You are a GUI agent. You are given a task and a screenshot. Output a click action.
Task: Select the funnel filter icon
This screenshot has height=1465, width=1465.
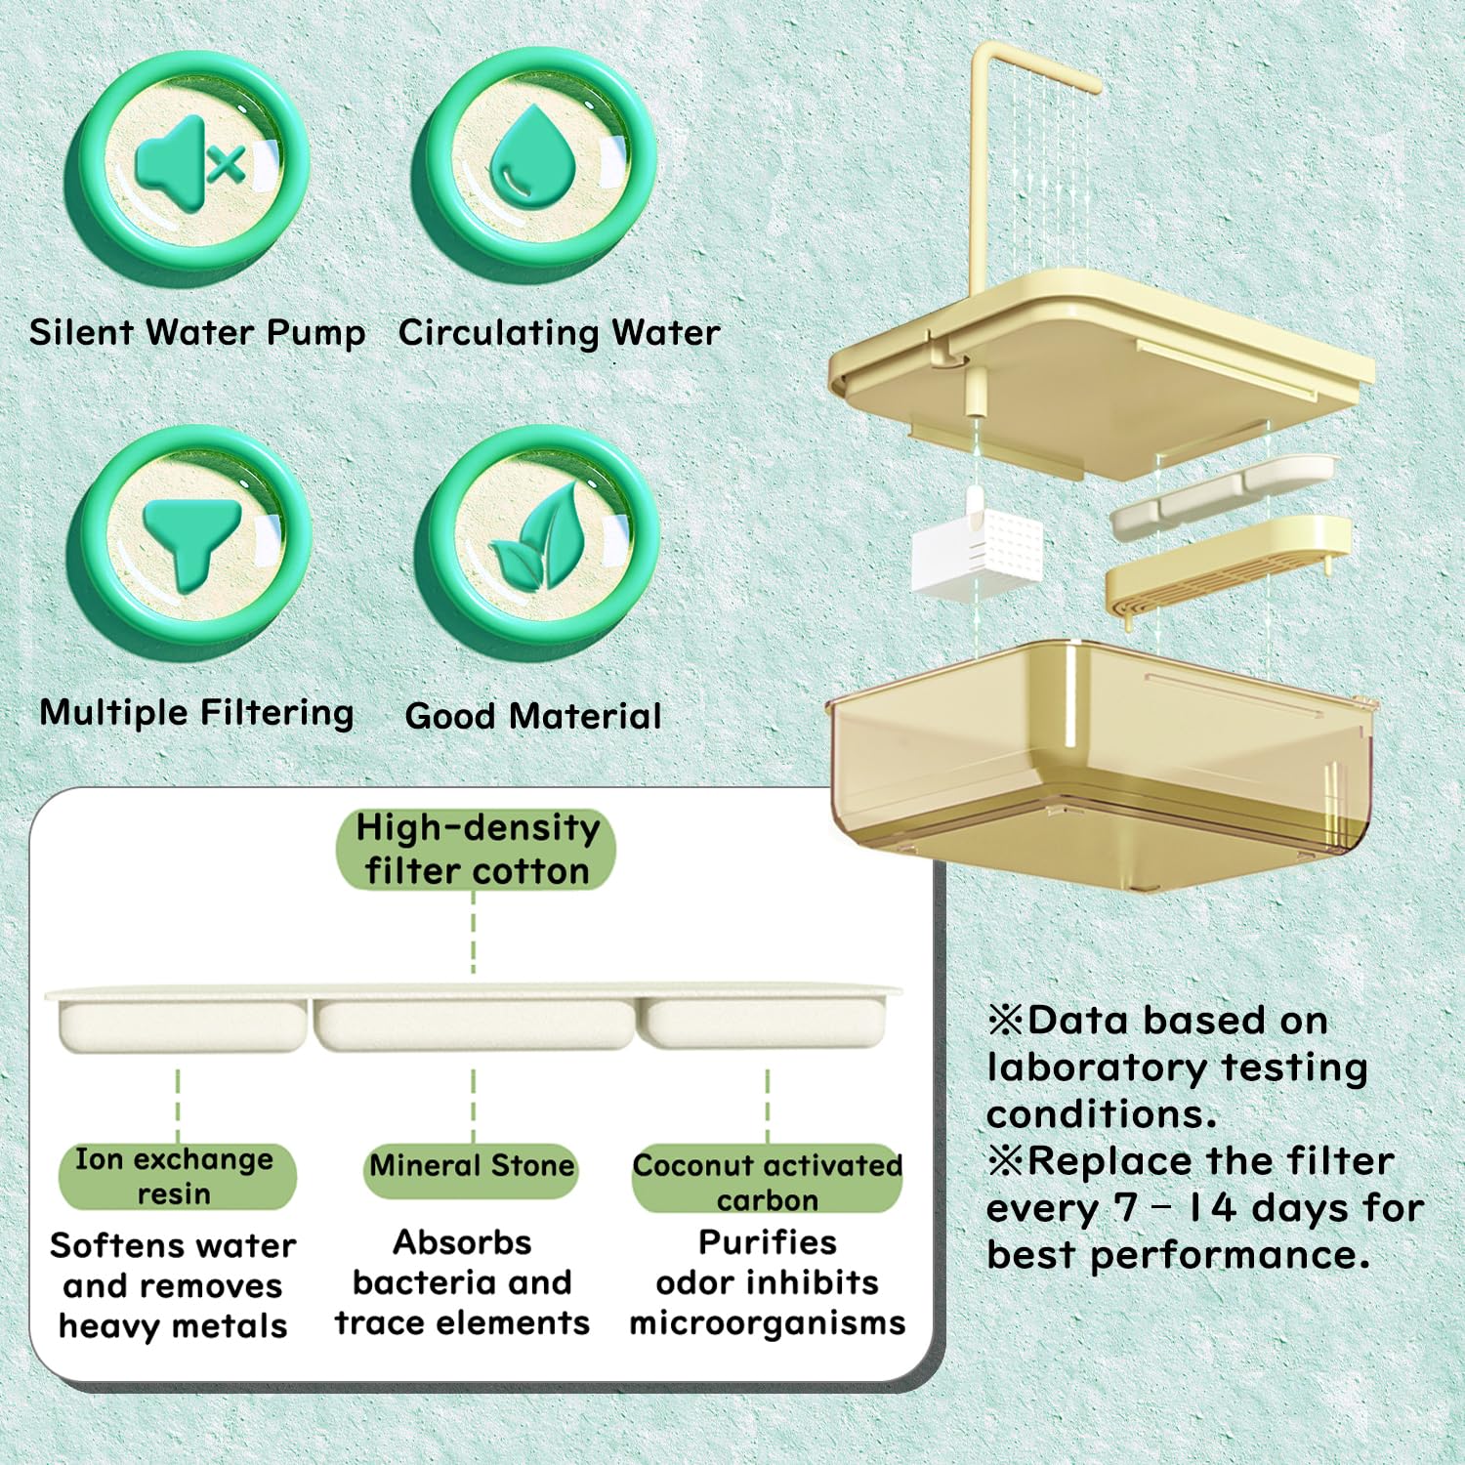[x=191, y=543]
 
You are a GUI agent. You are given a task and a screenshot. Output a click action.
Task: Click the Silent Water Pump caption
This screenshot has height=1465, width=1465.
[x=197, y=333]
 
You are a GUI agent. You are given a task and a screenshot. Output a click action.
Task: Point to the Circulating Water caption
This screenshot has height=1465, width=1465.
[x=559, y=333]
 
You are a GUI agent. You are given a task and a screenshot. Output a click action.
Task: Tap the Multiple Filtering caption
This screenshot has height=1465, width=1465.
[x=196, y=712]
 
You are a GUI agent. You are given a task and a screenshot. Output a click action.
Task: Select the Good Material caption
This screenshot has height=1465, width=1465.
[x=533, y=716]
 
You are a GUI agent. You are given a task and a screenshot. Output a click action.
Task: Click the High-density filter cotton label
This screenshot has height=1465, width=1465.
[x=477, y=849]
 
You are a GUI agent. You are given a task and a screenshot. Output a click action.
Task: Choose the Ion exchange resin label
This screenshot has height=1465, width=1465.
[x=175, y=1176]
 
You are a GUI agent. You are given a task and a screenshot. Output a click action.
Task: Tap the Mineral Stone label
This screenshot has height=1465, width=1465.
[x=472, y=1166]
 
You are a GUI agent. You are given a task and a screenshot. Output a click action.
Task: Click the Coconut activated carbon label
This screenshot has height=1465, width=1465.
[x=767, y=1181]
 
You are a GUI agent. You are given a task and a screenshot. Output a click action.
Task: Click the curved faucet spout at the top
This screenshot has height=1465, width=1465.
[x=1035, y=68]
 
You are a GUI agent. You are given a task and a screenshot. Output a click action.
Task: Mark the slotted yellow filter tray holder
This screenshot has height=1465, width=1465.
[x=1226, y=571]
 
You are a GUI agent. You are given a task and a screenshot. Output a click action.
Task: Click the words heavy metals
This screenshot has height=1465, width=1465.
[x=173, y=1326]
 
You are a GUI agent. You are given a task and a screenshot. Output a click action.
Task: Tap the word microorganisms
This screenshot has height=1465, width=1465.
[x=767, y=1323]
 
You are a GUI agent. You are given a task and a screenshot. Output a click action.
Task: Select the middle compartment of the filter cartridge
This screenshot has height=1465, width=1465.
[x=474, y=1024]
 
